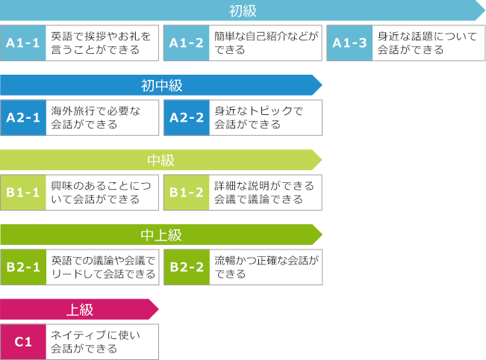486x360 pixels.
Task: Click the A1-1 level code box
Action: coord(23,43)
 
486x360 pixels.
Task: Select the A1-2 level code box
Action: coord(186,43)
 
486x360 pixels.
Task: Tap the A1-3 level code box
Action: coord(349,43)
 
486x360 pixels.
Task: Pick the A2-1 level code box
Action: coord(23,117)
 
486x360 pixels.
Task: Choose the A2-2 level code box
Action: coord(186,117)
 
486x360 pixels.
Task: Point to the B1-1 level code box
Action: coord(23,192)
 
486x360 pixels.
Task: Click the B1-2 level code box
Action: coord(186,192)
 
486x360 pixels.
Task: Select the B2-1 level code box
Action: coord(23,267)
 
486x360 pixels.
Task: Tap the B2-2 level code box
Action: coord(186,267)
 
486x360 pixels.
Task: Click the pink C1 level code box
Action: coord(23,341)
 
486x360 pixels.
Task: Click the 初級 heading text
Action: coord(243,10)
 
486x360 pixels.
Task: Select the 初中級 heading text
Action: coord(161,85)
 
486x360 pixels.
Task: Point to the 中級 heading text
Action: coord(161,160)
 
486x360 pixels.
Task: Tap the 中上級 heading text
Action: coord(161,235)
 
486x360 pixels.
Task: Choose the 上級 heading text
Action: coord(80,309)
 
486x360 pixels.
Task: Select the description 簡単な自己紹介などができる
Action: coord(265,43)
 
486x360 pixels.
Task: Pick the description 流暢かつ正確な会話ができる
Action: coord(265,267)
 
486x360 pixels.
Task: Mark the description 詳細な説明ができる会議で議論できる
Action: coord(264,192)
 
